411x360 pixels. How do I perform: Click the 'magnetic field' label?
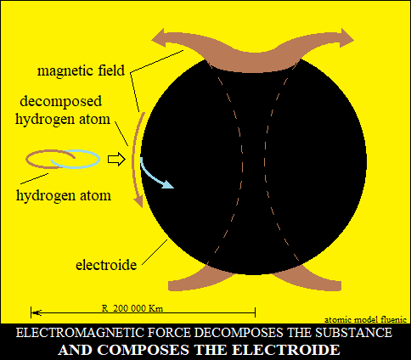click(x=81, y=70)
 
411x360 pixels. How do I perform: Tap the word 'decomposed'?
click(x=60, y=101)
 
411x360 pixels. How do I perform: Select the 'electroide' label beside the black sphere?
click(x=106, y=265)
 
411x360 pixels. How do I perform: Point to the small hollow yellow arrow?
click(x=116, y=160)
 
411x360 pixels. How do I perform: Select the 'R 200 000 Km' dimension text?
click(x=132, y=308)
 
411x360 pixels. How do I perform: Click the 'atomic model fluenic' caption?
click(x=365, y=320)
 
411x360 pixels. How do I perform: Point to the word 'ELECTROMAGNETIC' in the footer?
click(x=104, y=333)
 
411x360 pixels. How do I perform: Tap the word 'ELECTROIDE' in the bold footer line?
click(x=286, y=350)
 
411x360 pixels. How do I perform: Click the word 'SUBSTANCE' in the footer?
click(x=354, y=333)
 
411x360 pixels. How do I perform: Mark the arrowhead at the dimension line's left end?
click(x=37, y=312)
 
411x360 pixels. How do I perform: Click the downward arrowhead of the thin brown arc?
click(x=138, y=200)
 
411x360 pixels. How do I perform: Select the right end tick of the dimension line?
click(x=255, y=312)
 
